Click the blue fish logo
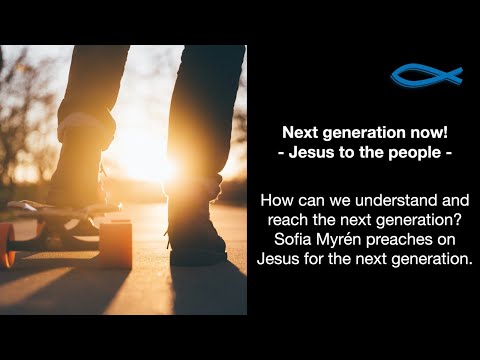point(426,76)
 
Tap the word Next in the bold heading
point(299,131)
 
